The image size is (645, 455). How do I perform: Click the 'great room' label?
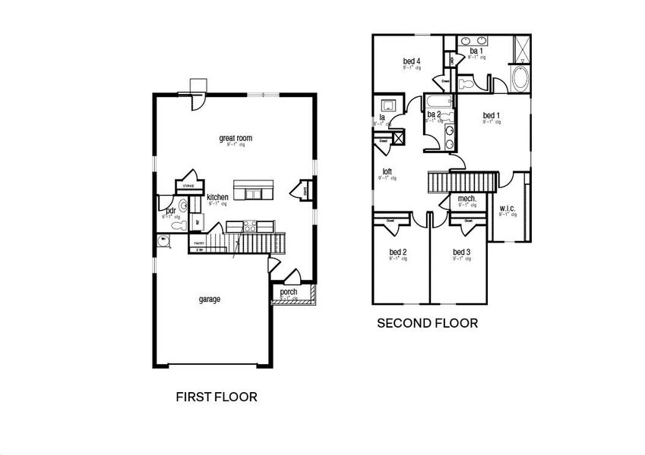(x=235, y=138)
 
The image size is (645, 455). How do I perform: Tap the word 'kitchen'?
(x=217, y=197)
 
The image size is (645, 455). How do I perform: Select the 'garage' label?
(x=210, y=300)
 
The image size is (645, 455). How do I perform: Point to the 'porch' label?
(x=289, y=292)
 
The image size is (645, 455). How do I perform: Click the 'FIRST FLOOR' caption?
(x=217, y=396)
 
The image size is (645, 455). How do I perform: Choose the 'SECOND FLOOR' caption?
(x=428, y=323)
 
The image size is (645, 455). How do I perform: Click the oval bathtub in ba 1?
(x=521, y=79)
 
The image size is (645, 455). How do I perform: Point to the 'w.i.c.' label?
(x=507, y=208)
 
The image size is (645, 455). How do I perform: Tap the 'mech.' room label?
(x=466, y=199)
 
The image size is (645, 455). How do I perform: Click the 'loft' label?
(x=387, y=171)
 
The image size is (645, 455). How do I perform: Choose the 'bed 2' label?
(x=398, y=253)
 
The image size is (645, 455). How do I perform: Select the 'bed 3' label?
(x=462, y=253)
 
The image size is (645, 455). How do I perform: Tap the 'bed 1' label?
(x=492, y=116)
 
